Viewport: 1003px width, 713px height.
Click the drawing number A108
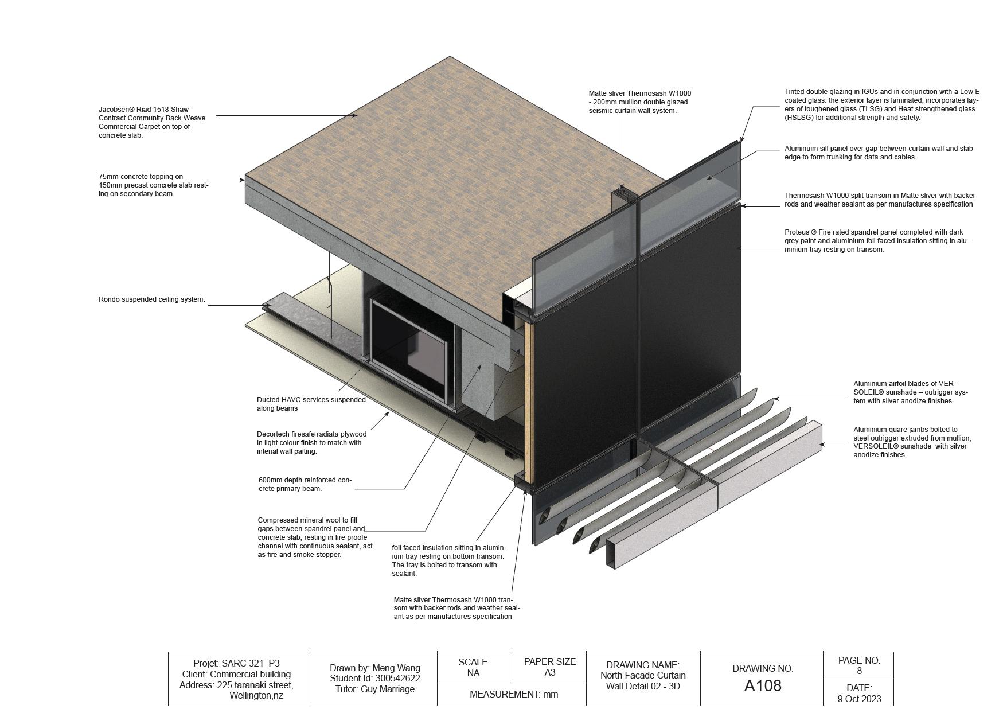coord(762,685)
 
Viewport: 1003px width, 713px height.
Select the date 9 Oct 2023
coord(859,699)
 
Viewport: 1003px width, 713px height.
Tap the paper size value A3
coord(549,673)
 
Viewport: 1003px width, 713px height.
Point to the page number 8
coord(859,671)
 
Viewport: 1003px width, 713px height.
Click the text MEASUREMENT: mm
coord(513,694)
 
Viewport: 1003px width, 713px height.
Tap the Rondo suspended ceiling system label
coord(151,299)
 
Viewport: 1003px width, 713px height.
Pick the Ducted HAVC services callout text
coord(311,404)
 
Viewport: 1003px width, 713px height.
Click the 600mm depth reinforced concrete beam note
coord(305,484)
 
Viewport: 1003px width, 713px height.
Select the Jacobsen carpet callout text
coord(151,122)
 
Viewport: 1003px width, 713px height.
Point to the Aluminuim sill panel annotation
coord(878,153)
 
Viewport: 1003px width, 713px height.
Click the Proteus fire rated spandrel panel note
coord(876,241)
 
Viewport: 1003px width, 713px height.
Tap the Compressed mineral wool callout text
coord(314,537)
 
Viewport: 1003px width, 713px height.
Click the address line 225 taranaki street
coord(236,685)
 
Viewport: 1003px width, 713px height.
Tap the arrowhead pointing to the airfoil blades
coord(775,399)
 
